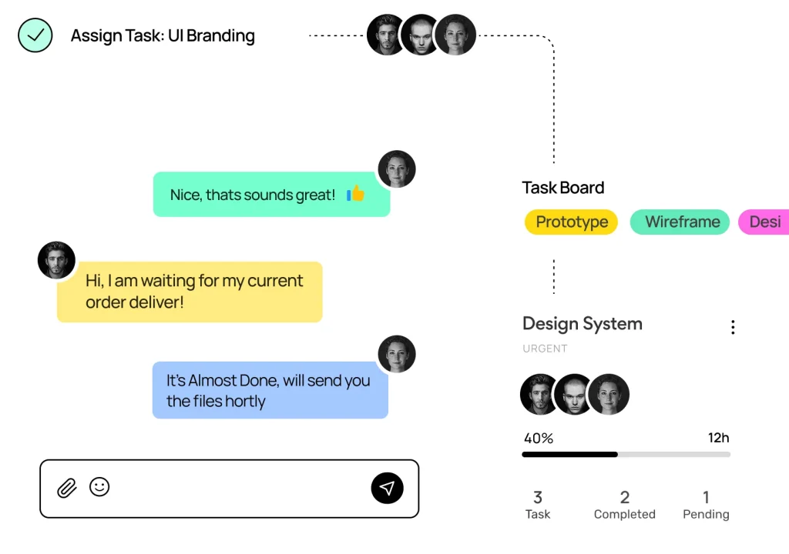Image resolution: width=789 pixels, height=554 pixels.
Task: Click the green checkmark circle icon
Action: [35, 35]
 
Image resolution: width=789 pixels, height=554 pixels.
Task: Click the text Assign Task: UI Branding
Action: [162, 35]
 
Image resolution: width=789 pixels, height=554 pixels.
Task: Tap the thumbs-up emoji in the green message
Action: [355, 194]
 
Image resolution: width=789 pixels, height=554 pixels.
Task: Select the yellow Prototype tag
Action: [571, 222]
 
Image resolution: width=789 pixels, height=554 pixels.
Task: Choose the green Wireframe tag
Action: [681, 222]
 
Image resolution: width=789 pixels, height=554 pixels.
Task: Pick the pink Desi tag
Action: [764, 222]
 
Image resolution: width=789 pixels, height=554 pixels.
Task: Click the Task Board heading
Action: [562, 188]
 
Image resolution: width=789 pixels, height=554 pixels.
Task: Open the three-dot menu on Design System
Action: [732, 327]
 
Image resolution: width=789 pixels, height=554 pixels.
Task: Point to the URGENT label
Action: [545, 349]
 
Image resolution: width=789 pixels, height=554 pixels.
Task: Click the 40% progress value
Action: [538, 439]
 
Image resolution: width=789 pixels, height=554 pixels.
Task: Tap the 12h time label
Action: [718, 438]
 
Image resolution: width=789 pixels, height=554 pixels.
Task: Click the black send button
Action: [387, 488]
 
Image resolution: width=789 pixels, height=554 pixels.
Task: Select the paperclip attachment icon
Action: [67, 488]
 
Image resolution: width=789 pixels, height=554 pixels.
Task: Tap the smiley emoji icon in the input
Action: [99, 486]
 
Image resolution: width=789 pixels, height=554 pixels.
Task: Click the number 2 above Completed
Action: [624, 497]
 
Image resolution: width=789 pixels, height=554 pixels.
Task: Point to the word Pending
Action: [706, 514]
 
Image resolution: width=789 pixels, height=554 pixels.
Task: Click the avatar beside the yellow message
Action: [56, 260]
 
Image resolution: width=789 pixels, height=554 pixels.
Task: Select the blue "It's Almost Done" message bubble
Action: [270, 390]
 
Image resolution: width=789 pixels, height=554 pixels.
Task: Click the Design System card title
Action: [582, 324]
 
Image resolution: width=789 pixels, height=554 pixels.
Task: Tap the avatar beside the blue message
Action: [396, 355]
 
